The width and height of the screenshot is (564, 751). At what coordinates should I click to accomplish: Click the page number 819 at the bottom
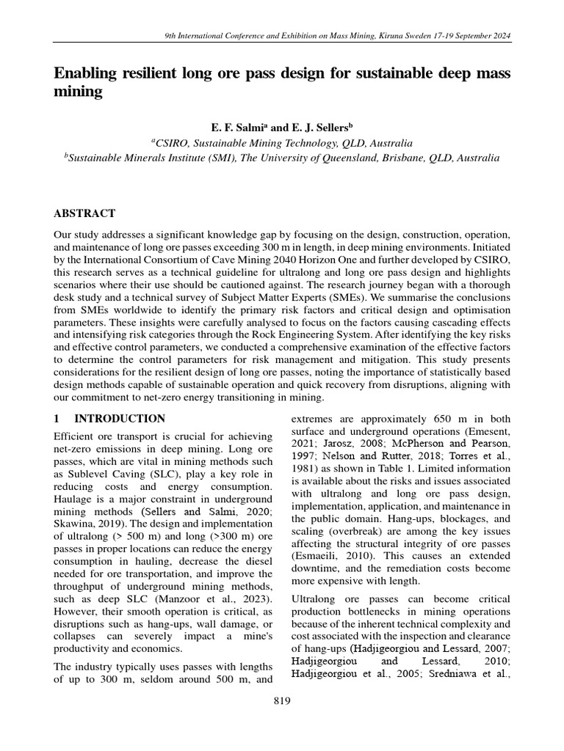coord(282,701)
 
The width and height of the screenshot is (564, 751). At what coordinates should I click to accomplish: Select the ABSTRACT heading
coord(84,213)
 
